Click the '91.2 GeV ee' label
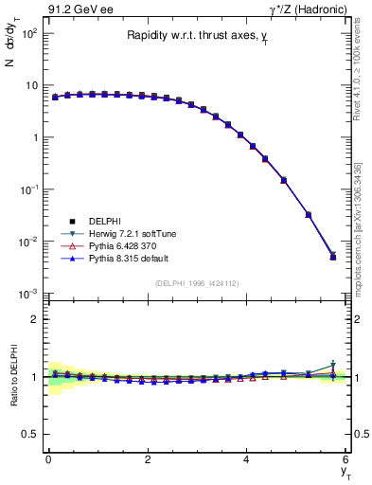(x=75, y=9)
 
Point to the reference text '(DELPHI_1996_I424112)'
(x=196, y=282)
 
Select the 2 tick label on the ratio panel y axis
(x=32, y=319)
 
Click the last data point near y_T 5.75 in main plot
(x=333, y=257)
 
